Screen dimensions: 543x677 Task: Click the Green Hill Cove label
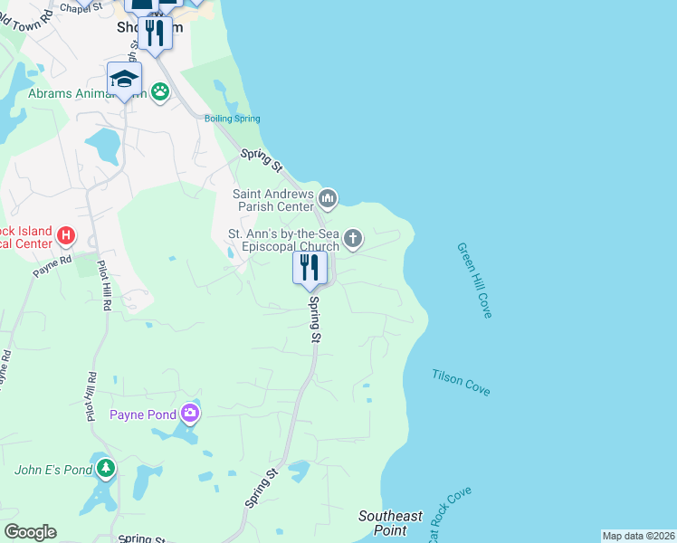[474, 280]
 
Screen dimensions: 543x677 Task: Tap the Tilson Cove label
[461, 382]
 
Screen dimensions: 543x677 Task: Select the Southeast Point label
[390, 523]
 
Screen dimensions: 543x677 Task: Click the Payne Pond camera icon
[190, 414]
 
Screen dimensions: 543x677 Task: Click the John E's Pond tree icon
[107, 468]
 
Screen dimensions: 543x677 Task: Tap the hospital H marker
[65, 236]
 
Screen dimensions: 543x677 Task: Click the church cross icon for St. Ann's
[353, 239]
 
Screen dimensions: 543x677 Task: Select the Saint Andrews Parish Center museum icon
[328, 197]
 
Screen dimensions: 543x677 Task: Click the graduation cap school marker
[124, 78]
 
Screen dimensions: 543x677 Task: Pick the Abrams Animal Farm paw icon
[160, 91]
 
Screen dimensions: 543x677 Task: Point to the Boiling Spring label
[233, 119]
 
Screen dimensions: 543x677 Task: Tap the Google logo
[30, 532]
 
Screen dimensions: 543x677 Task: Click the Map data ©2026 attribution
[638, 536]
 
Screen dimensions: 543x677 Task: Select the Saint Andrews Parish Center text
[273, 199]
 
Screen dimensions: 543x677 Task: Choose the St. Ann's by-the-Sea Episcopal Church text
[282, 240]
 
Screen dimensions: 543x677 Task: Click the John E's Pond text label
[53, 470]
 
